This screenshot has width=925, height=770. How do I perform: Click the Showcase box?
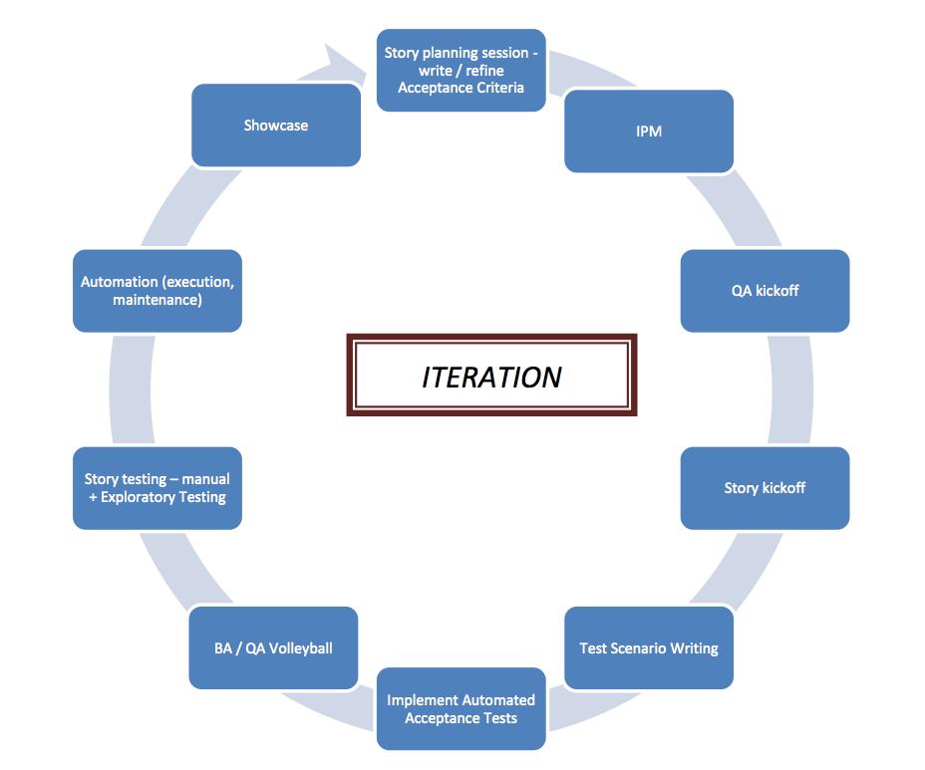[x=276, y=126]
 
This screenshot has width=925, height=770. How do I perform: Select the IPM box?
[x=649, y=131]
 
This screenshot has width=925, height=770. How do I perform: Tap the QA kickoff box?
[x=765, y=291]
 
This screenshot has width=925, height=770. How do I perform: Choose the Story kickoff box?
[x=765, y=488]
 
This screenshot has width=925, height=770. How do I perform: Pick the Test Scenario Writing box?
[x=649, y=648]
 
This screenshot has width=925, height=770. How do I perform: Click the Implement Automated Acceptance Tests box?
[x=461, y=708]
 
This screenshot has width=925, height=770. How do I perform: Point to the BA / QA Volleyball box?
[x=273, y=648]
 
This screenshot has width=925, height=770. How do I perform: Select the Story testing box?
[x=157, y=488]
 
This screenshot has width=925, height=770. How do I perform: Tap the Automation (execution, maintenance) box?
[x=157, y=291]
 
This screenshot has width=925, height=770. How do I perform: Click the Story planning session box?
[x=461, y=70]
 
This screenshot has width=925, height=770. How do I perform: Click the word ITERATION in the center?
[x=491, y=377]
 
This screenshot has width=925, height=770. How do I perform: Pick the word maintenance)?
[x=157, y=300]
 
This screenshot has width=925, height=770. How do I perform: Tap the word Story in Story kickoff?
[x=742, y=488]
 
